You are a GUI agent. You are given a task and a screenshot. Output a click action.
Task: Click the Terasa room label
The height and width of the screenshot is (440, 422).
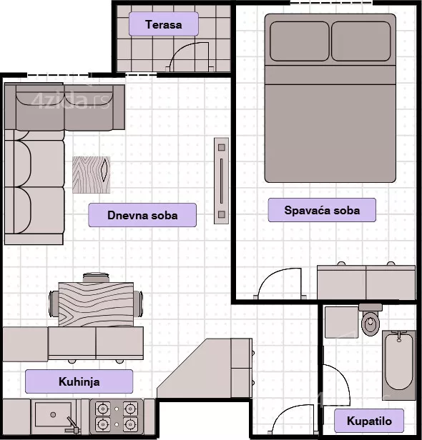point(164,24)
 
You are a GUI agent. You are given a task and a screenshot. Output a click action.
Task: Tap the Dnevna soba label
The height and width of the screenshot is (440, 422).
point(142,215)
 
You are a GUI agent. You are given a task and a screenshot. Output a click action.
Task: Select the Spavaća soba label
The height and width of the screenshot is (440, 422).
point(322,210)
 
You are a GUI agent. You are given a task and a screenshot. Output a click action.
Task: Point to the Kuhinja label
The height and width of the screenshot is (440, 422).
point(79,381)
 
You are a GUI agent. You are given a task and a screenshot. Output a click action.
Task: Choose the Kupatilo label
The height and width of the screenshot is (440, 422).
point(369,421)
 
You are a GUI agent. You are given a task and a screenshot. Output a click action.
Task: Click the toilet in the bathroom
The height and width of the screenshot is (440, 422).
point(371,320)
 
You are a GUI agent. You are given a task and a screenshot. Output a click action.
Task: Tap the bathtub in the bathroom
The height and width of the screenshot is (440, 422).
point(399,361)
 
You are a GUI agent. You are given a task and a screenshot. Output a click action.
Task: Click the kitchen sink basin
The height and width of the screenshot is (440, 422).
point(53,414)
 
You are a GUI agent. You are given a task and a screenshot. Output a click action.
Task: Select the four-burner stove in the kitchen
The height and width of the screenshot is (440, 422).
point(117,416)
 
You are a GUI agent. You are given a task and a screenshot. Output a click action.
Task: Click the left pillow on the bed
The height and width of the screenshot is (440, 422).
point(300,41)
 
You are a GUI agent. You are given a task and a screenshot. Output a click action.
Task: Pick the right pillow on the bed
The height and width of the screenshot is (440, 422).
point(361,41)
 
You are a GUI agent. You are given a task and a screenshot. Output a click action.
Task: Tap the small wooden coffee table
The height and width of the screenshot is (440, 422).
point(92,175)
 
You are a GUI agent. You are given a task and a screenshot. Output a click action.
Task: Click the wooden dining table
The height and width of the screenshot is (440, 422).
point(96,305)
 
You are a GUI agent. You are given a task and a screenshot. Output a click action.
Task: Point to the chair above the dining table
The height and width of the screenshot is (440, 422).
point(96,277)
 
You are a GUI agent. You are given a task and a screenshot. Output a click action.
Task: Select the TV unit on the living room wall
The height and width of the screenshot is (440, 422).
point(222,181)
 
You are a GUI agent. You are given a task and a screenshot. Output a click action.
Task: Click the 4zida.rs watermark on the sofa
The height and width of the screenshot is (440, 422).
point(70,101)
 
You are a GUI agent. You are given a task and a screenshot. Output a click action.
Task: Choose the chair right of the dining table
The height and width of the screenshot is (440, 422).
point(138,304)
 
